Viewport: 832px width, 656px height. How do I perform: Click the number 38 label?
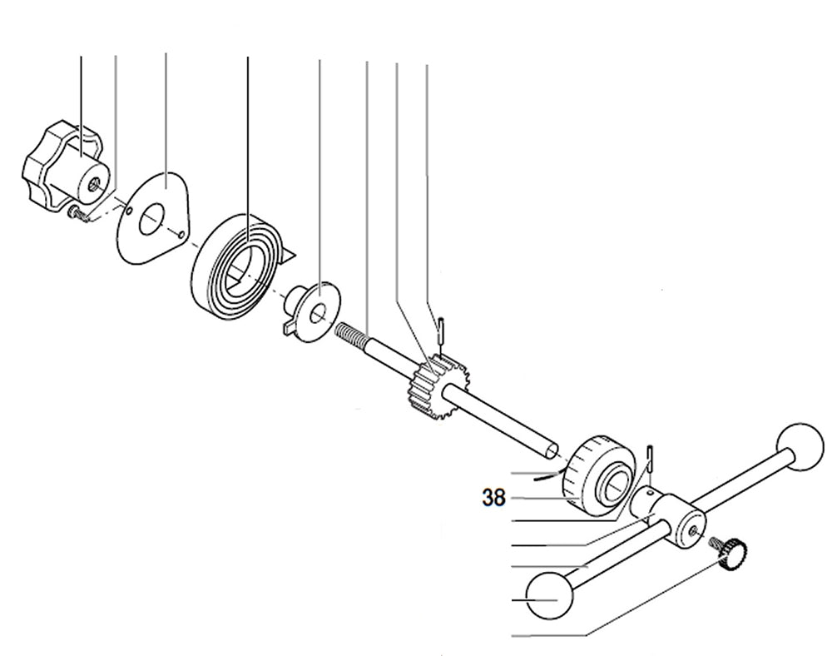click(x=493, y=499)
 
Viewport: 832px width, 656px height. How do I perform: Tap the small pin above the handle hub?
click(x=651, y=460)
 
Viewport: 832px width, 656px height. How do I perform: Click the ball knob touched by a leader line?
click(x=549, y=595)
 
